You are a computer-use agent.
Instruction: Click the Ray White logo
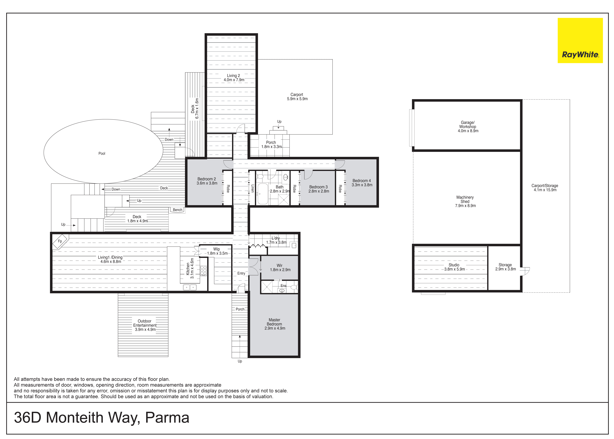(x=580, y=41)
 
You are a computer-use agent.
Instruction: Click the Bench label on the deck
(x=178, y=210)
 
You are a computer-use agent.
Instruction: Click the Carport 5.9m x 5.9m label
(x=297, y=97)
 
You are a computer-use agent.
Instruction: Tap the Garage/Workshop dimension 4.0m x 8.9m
(x=468, y=131)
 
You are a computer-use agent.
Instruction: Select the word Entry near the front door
(x=241, y=273)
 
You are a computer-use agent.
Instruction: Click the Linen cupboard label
(x=253, y=188)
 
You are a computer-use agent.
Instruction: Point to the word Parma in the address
(x=167, y=418)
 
